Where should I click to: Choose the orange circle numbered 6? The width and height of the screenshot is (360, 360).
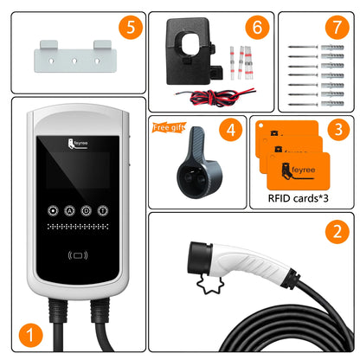(256, 28)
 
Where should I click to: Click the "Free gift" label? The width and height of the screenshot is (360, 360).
(168, 127)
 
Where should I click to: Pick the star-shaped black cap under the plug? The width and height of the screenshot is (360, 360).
(206, 282)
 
